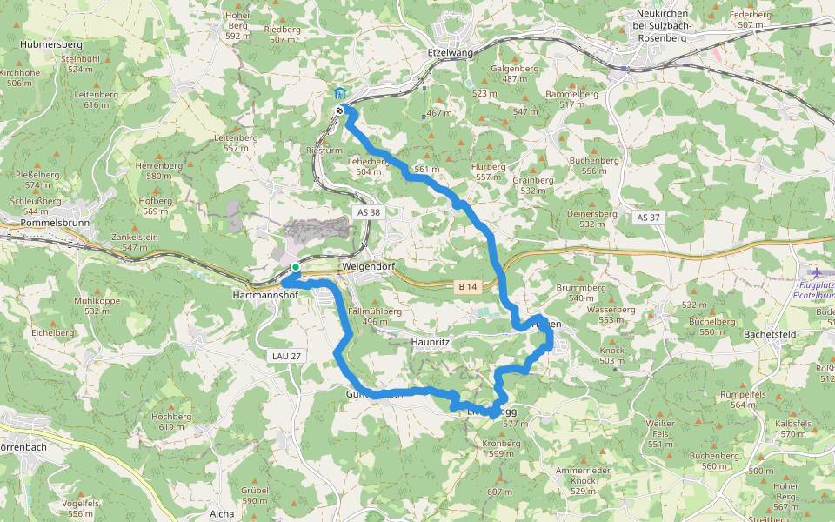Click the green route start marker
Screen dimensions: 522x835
296,267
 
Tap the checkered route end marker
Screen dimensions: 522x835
339,110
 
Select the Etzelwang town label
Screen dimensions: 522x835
450,52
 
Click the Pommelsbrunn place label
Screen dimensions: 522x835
44,223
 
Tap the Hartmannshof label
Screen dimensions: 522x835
266,296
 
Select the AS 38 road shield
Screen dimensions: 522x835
368,212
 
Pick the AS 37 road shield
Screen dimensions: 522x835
649,217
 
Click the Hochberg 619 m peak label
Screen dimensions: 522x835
170,421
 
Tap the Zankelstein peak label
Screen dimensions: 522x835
134,237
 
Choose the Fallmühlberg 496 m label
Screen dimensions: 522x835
374,316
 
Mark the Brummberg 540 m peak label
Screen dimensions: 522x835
580,292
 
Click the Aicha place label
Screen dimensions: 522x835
222,514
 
